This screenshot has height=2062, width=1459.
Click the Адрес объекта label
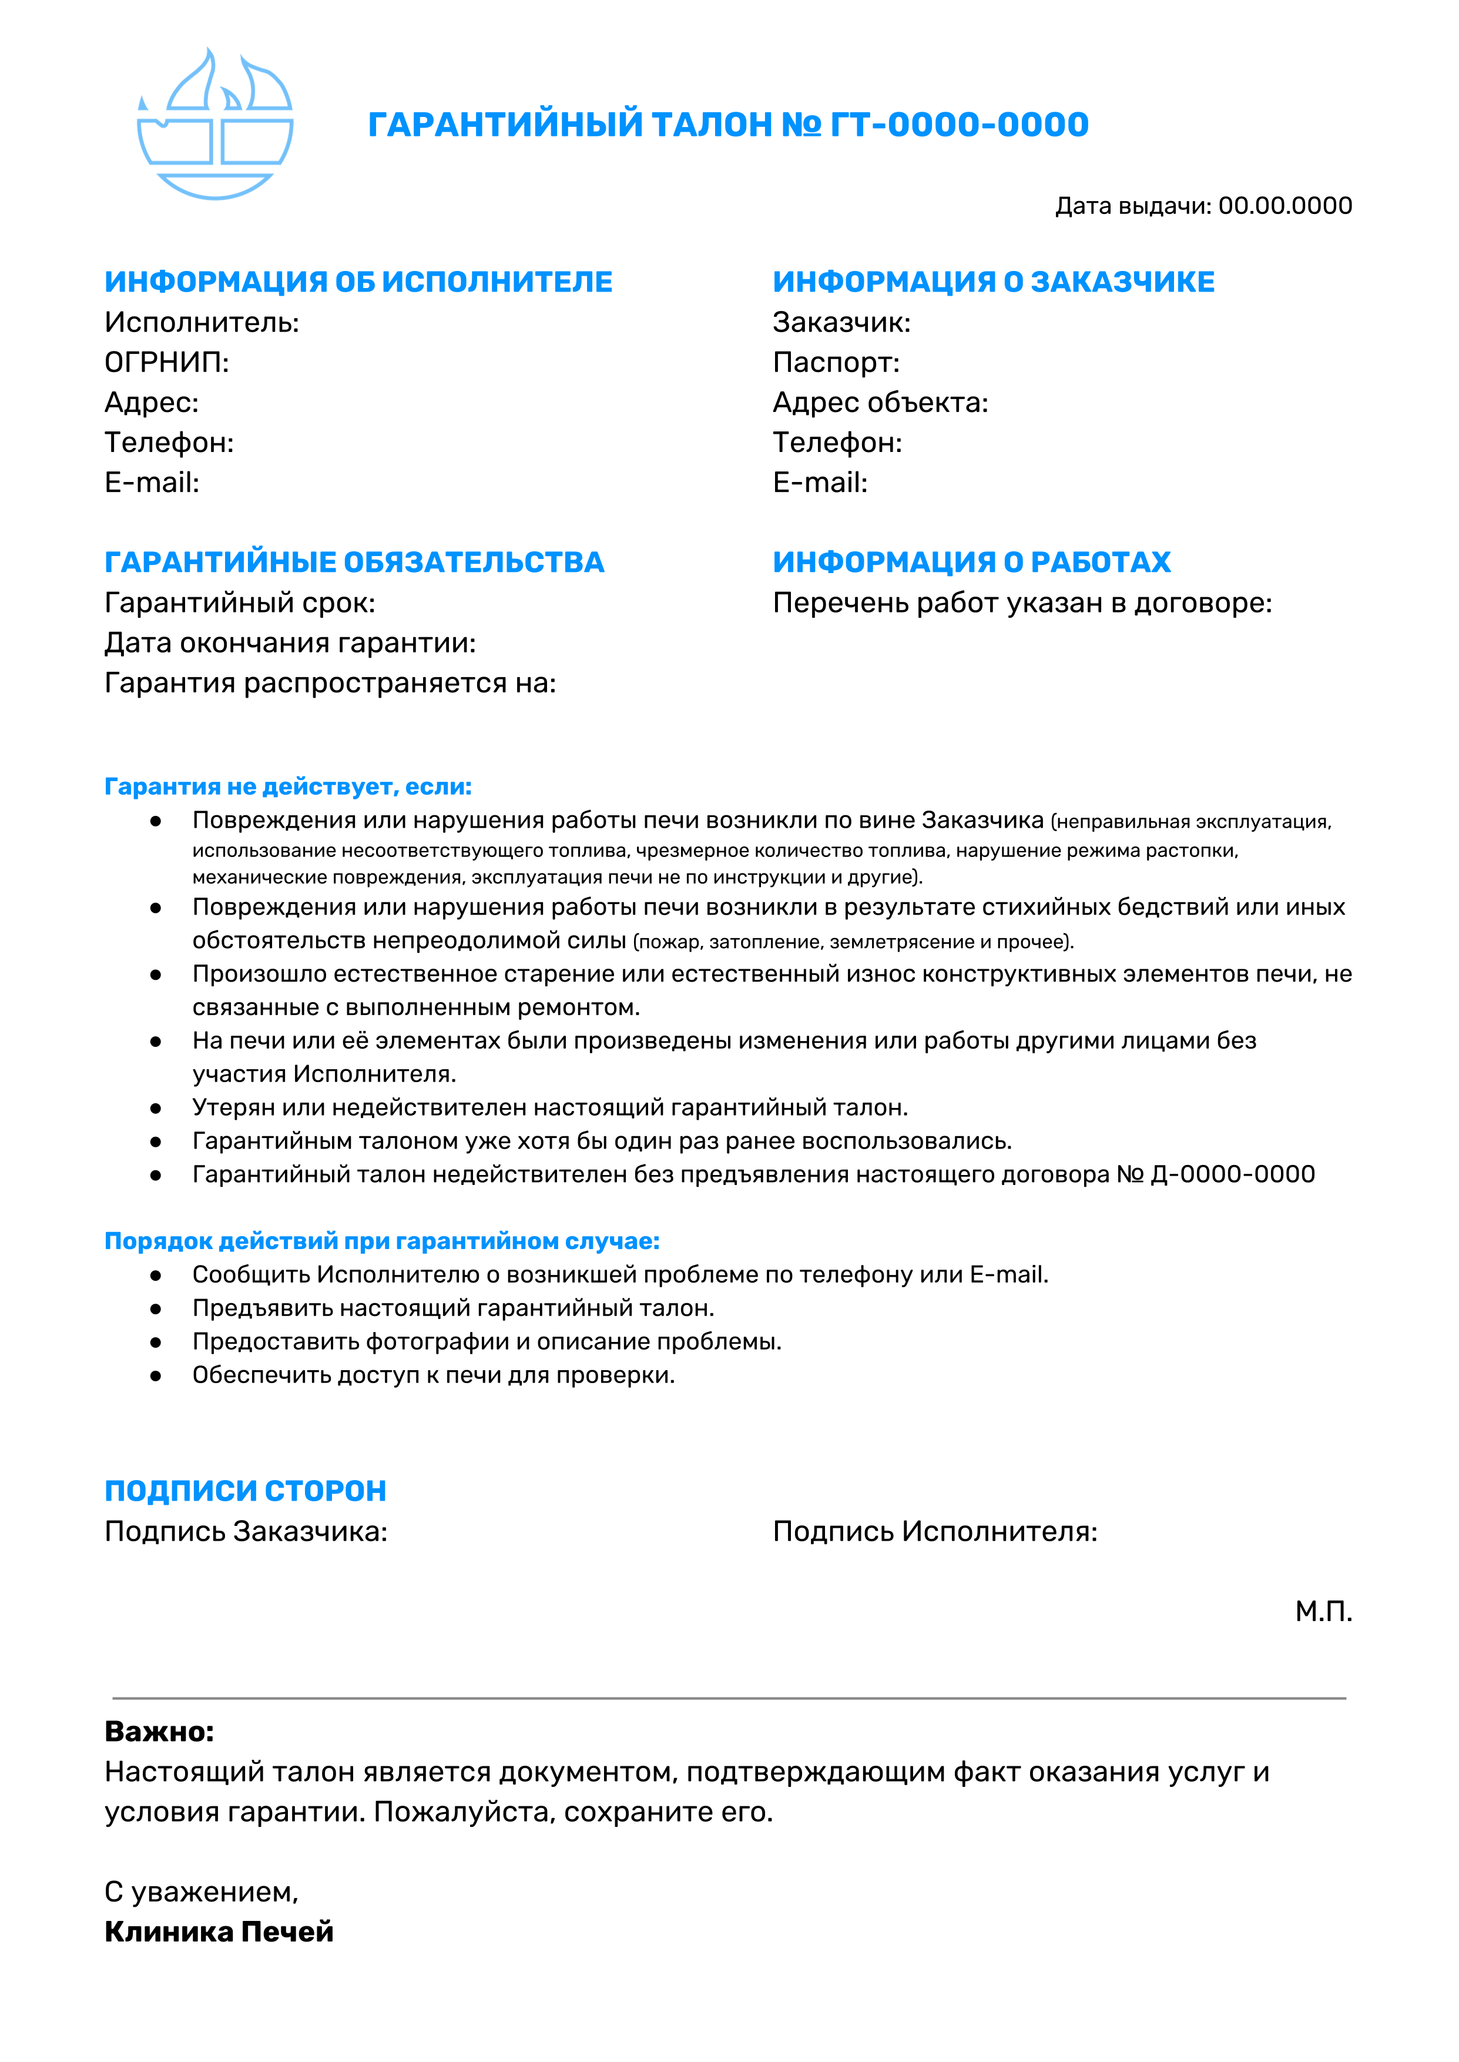click(880, 403)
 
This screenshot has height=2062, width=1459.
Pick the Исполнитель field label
click(202, 323)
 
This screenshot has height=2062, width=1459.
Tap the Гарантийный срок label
click(240, 603)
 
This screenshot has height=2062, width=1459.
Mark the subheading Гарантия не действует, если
click(287, 787)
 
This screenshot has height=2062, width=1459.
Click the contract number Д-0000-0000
click(1233, 1174)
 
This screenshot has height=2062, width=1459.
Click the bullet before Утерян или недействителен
click(156, 1109)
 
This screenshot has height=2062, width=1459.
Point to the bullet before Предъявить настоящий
click(156, 1309)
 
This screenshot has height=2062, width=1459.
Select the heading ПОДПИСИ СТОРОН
click(245, 1491)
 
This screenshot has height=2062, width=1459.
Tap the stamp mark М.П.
click(1323, 1612)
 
